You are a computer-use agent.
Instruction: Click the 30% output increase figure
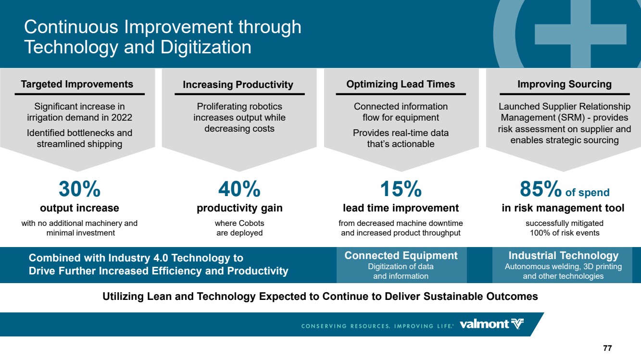click(x=79, y=189)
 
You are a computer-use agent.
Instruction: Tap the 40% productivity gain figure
click(x=239, y=189)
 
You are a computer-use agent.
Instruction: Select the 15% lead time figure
click(x=401, y=189)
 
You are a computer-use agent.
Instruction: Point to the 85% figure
click(x=540, y=189)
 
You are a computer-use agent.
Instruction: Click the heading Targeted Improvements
click(x=77, y=84)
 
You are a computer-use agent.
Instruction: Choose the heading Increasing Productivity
click(x=238, y=85)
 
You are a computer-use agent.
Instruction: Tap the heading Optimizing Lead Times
click(x=401, y=84)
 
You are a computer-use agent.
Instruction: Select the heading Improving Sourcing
click(x=565, y=84)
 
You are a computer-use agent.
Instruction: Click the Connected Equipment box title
click(x=401, y=255)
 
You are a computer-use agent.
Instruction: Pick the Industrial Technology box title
click(x=564, y=255)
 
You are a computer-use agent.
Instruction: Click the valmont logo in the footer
click(x=491, y=324)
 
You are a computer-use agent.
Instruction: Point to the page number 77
click(x=607, y=348)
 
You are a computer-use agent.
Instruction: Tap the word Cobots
click(x=251, y=223)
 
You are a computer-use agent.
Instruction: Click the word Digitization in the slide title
click(x=206, y=47)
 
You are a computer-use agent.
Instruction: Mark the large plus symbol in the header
click(x=580, y=34)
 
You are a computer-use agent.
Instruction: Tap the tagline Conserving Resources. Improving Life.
click(x=377, y=326)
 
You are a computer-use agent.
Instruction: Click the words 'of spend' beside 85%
click(x=588, y=192)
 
